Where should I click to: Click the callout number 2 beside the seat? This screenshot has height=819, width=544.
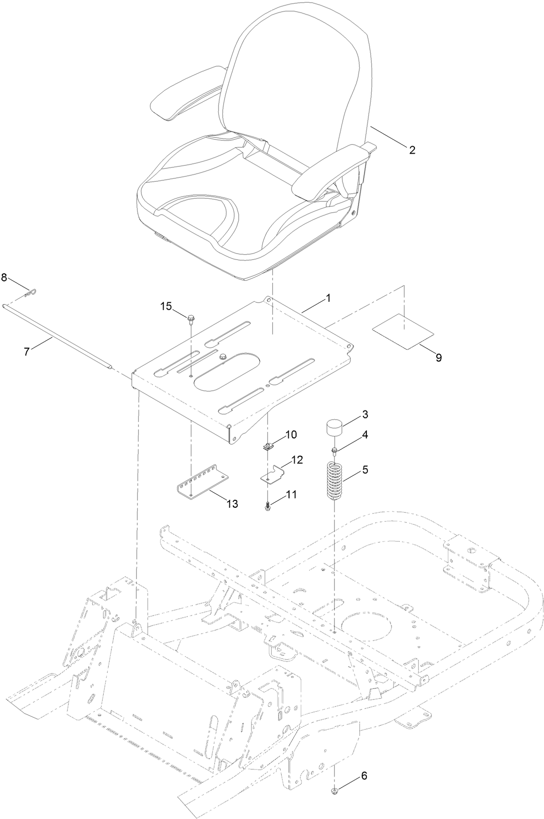tap(412, 150)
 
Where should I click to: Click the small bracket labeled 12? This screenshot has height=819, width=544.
tap(274, 474)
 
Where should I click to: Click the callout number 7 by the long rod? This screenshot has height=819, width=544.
tap(27, 351)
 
